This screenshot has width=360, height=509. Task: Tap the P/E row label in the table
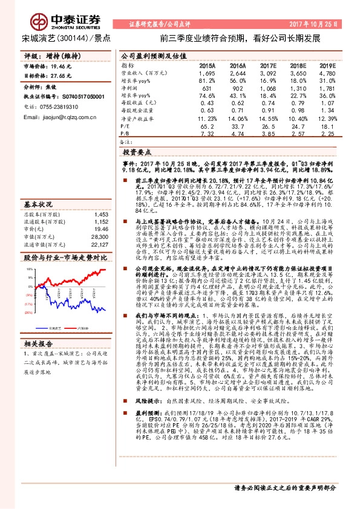pyautogui.click(x=126, y=127)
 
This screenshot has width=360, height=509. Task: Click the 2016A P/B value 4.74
pyautogui.click(x=237, y=134)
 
